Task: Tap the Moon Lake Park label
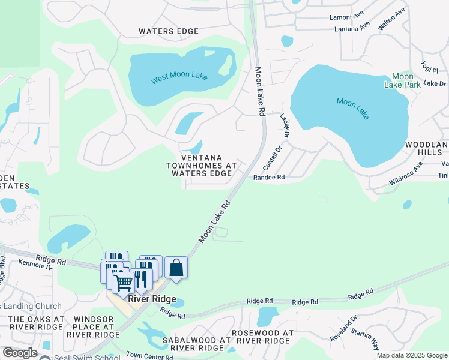[402, 80]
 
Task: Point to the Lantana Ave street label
[352, 28]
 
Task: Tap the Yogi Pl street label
[430, 70]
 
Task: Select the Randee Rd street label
[268, 178]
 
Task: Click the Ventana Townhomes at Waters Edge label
[199, 165]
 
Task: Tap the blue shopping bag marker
[176, 268]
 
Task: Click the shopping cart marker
[123, 282]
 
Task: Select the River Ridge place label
[153, 299]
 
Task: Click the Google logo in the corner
[20, 353]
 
